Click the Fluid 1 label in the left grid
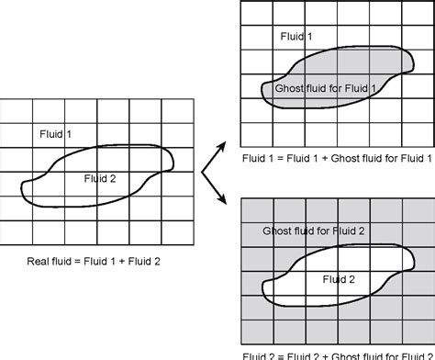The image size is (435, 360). pos(56,134)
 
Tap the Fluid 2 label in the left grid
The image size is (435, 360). pos(100,177)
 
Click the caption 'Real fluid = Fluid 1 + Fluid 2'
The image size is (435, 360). pos(95,262)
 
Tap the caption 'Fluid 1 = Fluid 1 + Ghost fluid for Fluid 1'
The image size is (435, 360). pos(334,158)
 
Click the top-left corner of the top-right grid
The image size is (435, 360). pos(240,3)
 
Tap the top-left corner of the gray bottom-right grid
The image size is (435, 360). pos(240,198)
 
